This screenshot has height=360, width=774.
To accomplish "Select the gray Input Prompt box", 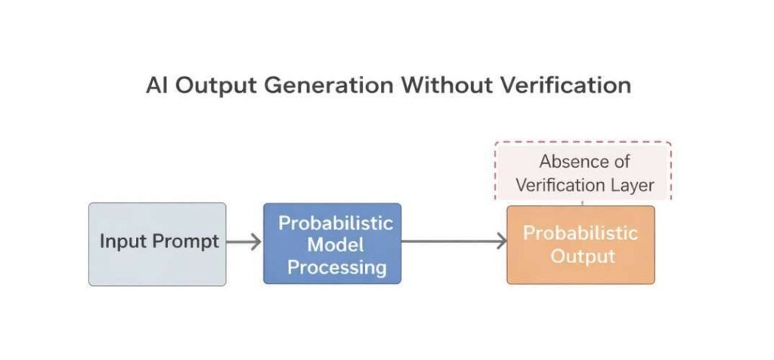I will coord(157,244).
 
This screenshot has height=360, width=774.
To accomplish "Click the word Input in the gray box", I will coord(124,242).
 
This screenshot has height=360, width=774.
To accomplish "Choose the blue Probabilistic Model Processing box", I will coord(332,244).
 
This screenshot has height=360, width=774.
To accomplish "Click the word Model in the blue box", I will coord(336,245).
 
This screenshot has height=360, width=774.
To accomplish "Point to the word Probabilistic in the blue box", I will coord(336,223).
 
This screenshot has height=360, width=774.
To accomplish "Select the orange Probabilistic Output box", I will coord(580,244).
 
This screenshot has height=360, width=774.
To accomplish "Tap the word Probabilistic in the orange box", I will coord(580,233).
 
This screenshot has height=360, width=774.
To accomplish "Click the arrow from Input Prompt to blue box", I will coord(243,243).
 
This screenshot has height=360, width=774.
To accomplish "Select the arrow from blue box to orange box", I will coord(454,242).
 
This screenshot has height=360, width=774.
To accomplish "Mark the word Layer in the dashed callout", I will coord(633,184).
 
